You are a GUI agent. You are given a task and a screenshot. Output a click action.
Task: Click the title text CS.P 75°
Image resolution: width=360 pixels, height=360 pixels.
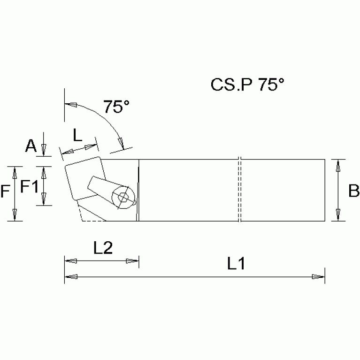[x=247, y=84]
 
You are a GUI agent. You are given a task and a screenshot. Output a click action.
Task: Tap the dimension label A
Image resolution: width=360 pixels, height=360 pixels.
[x=30, y=146]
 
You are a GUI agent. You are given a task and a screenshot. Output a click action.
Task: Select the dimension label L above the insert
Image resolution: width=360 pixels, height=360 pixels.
[x=78, y=136]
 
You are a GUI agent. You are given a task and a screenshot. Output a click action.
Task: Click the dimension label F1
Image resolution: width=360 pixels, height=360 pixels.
[x=29, y=187]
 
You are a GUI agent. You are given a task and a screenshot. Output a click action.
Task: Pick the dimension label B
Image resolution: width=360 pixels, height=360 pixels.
[x=353, y=191]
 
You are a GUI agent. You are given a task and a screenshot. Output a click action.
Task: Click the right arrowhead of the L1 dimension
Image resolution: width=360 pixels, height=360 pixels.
[x=320, y=277]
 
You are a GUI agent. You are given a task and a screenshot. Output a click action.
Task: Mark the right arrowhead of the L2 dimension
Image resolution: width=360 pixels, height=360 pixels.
[x=134, y=261]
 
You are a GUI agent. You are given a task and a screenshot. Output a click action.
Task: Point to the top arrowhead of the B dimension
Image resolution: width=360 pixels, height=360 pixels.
[x=337, y=164]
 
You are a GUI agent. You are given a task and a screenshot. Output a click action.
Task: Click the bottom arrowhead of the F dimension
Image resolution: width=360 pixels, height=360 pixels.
[x=15, y=215]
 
